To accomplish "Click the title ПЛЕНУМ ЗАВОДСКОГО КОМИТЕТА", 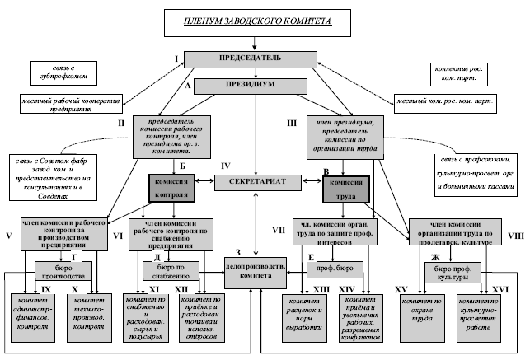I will point(256,25).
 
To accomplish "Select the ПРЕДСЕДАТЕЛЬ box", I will point(256,58).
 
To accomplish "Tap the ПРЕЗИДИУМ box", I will point(256,84).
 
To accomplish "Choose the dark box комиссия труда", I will point(345,189).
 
